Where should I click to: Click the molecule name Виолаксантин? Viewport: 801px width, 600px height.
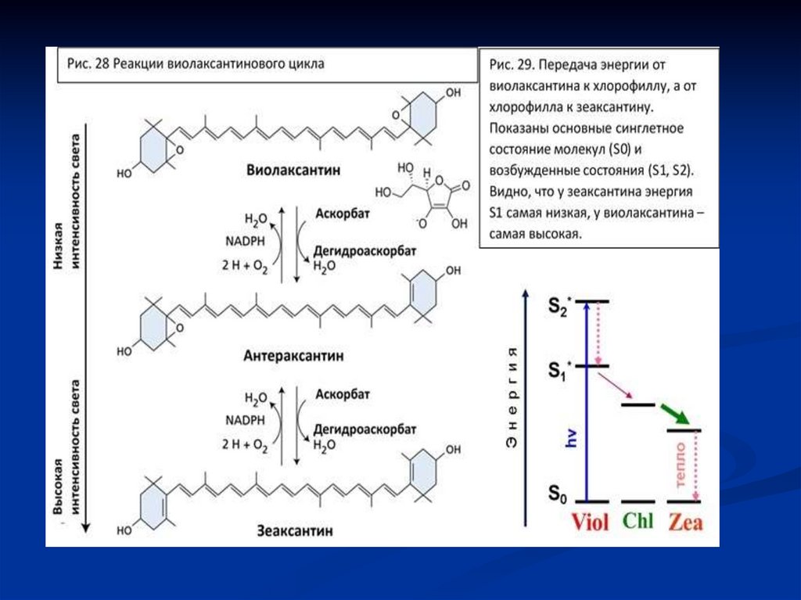pyautogui.click(x=293, y=171)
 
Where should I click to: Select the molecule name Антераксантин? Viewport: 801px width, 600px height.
pyautogui.click(x=293, y=356)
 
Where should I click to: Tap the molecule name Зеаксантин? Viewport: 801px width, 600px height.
pyautogui.click(x=293, y=530)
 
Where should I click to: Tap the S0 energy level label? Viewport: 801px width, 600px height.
pyautogui.click(x=557, y=494)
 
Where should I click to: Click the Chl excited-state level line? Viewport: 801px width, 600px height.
pyautogui.click(x=638, y=404)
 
